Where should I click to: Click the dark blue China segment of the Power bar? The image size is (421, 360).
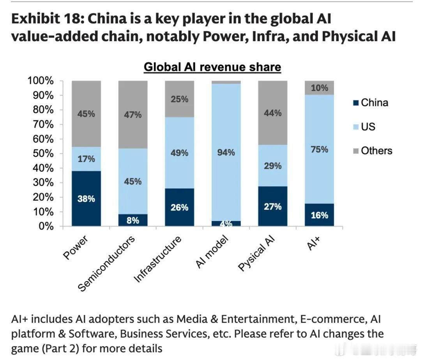[86, 198]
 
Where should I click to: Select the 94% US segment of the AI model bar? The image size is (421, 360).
[226, 152]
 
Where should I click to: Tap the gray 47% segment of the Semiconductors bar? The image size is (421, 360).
[133, 115]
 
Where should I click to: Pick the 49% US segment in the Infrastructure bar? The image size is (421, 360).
[179, 153]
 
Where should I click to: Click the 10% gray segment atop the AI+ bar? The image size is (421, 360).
[319, 88]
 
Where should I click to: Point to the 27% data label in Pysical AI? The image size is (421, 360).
[272, 206]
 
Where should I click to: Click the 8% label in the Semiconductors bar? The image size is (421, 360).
[133, 220]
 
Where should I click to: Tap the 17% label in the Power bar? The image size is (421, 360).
[86, 159]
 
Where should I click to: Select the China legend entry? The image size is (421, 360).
[370, 103]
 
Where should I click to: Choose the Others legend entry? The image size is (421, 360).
[372, 151]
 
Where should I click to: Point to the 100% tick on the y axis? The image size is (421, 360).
[40, 81]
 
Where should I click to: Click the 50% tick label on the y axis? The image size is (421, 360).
[43, 154]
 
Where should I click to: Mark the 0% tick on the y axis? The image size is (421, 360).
[46, 226]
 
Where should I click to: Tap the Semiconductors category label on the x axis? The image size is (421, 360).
[107, 263]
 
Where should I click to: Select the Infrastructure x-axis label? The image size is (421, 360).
[158, 259]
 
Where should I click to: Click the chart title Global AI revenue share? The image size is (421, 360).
[212, 67]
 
